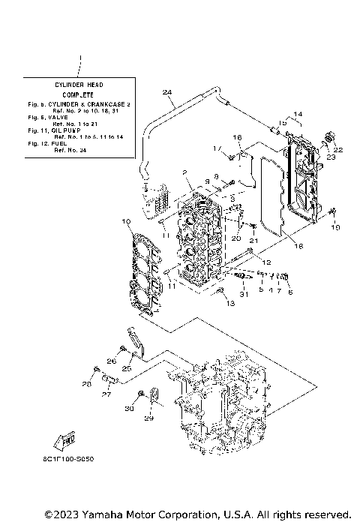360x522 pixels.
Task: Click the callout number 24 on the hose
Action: coord(167,93)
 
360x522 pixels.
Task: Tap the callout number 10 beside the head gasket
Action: coord(127,221)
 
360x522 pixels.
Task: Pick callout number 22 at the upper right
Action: coord(338,151)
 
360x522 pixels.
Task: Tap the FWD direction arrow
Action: coord(64,439)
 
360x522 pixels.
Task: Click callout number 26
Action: coord(111,361)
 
